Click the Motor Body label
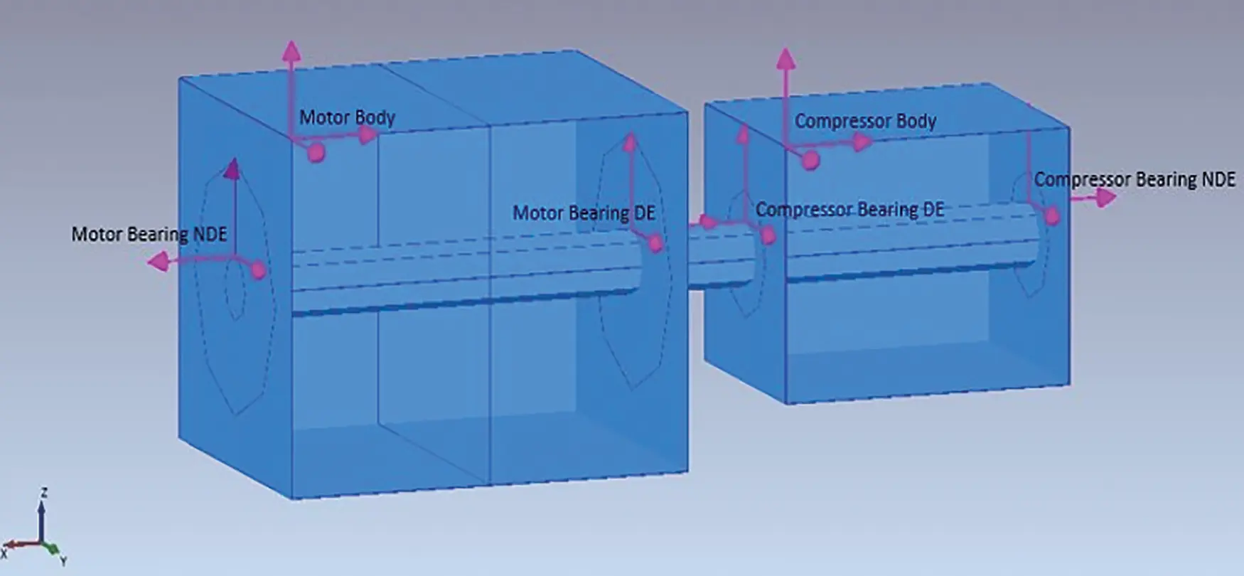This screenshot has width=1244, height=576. coord(347,117)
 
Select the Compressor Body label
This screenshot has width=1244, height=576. coord(865,121)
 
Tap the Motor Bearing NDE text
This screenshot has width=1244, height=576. coord(149,234)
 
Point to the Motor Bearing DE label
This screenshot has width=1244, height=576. coord(584,213)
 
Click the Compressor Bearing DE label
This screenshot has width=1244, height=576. coord(849,210)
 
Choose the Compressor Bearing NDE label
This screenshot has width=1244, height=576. coord(1135,180)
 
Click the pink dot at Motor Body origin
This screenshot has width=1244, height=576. coord(316,151)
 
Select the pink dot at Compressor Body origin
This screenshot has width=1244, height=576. coord(810,161)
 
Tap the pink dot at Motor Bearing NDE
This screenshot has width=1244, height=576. coord(259,270)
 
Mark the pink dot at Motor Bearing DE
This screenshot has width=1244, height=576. coord(656,244)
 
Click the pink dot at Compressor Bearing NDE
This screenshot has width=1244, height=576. coord(1052,215)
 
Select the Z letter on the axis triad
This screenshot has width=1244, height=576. coord(44,492)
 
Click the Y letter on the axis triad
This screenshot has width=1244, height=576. coord(63,561)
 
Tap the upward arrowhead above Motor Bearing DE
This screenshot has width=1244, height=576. coord(629,141)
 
